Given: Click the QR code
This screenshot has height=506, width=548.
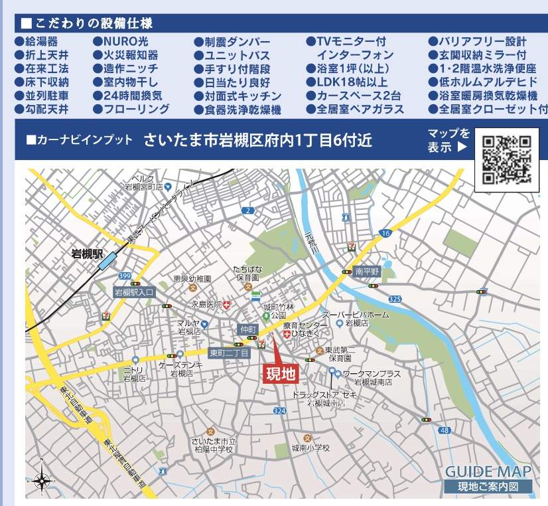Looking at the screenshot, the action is (507, 159).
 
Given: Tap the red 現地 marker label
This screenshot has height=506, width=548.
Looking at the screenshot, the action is (281, 374).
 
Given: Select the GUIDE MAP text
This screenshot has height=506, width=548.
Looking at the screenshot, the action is (488, 472).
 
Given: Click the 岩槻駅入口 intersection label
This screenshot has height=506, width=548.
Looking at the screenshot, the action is (134, 292).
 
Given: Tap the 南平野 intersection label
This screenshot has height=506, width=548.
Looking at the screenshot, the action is (366, 272).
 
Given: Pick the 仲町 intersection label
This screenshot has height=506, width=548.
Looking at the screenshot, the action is (248, 329).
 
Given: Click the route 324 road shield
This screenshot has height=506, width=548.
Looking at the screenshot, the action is (279, 412).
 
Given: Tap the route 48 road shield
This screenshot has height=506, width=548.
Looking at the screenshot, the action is (444, 430).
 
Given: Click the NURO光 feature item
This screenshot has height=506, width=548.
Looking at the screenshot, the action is (121, 42).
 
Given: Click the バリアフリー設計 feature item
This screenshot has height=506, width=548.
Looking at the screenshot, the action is (482, 42).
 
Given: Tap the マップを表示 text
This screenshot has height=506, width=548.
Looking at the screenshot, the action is (448, 141).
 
